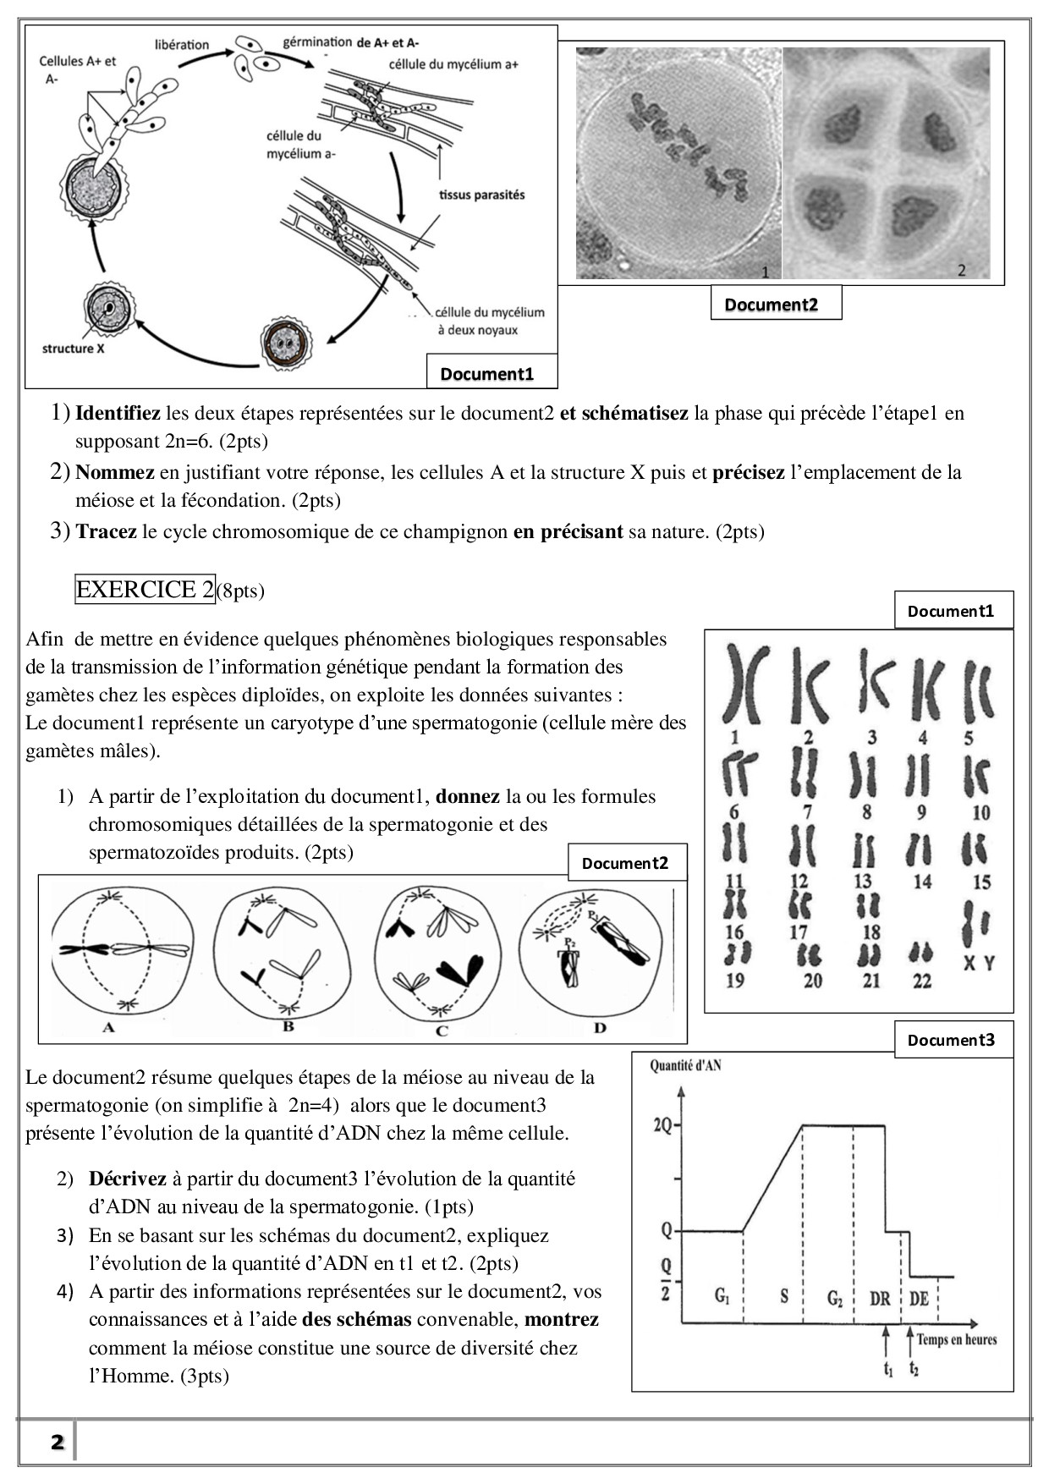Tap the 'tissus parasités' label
[481, 195]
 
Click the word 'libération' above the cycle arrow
[182, 45]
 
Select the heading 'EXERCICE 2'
[145, 590]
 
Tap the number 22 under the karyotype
[922, 981]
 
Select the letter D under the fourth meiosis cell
[600, 1028]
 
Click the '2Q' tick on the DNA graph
[663, 1126]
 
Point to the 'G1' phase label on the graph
[722, 1295]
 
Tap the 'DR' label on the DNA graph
[880, 1298]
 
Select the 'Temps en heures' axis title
[956, 1339]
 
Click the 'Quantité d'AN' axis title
[685, 1066]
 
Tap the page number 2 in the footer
[58, 1443]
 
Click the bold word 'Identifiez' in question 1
[118, 414]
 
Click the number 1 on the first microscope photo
[766, 272]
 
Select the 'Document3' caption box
[953, 1040]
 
